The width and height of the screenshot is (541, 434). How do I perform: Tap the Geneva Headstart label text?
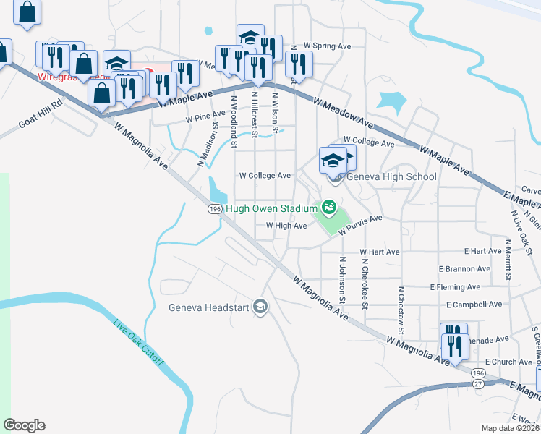pos(208,307)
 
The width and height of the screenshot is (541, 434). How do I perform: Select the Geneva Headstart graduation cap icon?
pos(260,307)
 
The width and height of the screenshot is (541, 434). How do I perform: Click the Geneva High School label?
pos(391,176)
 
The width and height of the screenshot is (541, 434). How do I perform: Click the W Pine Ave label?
pos(205,116)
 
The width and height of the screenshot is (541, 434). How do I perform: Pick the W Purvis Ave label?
pos(359,224)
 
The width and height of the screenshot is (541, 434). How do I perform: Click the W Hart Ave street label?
pos(380,252)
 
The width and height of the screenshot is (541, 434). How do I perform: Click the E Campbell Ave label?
pos(474,305)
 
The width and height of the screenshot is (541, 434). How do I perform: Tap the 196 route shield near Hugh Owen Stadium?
pos(214,209)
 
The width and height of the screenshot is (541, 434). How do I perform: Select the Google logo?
pos(23,425)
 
